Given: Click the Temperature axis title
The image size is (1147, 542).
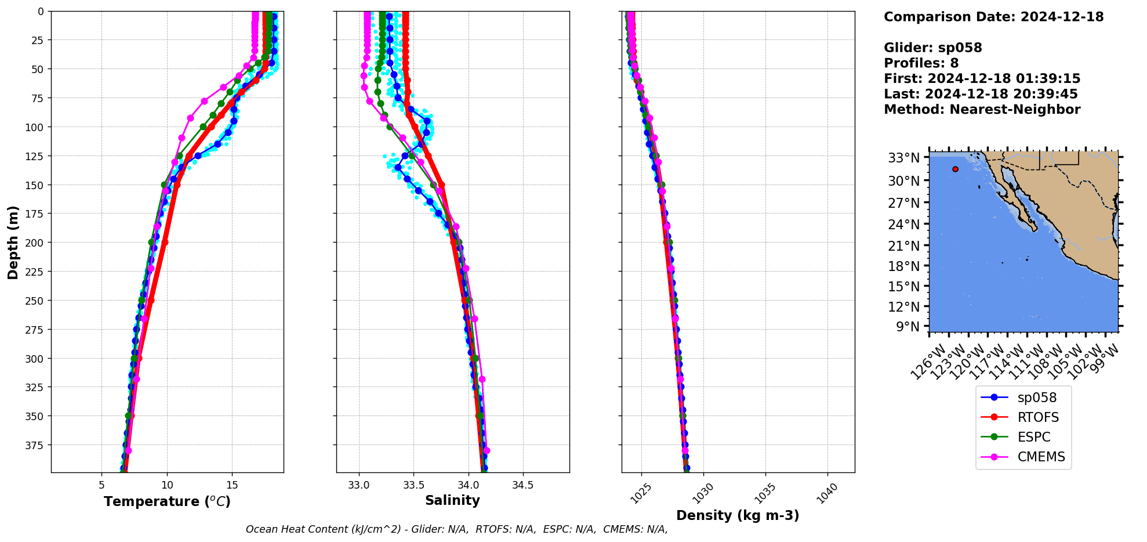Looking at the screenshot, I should click(x=167, y=502).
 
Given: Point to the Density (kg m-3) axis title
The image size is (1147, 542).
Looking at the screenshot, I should click(x=738, y=515).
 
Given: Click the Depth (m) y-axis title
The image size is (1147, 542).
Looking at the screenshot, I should click(x=13, y=242).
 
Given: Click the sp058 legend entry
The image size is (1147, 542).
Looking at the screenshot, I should click(x=1037, y=398).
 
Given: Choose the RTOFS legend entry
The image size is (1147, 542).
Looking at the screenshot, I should click(x=1038, y=417).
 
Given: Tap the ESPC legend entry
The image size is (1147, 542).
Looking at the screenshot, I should click(x=1034, y=437).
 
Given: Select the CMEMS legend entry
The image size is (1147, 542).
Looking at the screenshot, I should click(x=1041, y=457).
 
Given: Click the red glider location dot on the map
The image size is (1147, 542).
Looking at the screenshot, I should click(x=955, y=169).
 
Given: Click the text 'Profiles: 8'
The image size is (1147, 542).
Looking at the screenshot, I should click(x=921, y=63).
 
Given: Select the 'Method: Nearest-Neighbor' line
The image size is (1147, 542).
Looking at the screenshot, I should click(x=982, y=110).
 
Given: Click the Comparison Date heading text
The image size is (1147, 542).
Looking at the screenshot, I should click(x=993, y=17).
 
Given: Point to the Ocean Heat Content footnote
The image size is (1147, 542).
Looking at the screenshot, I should click(x=456, y=529).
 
